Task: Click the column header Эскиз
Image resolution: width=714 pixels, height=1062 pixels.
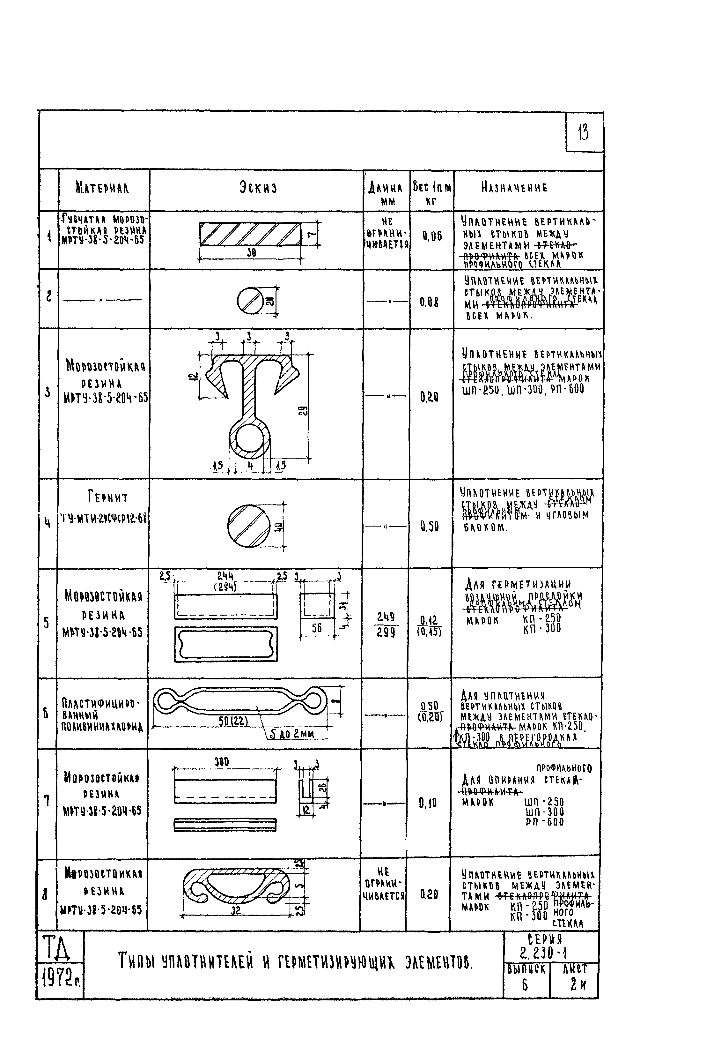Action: click(x=258, y=188)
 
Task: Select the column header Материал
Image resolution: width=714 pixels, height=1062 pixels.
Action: click(x=102, y=188)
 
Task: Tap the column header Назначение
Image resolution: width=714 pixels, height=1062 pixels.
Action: click(x=514, y=188)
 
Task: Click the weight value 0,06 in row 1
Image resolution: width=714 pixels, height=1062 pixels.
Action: click(x=432, y=236)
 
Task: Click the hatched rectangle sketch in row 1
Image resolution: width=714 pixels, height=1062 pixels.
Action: click(x=250, y=234)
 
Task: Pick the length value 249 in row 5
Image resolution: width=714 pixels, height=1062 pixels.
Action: click(x=385, y=617)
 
